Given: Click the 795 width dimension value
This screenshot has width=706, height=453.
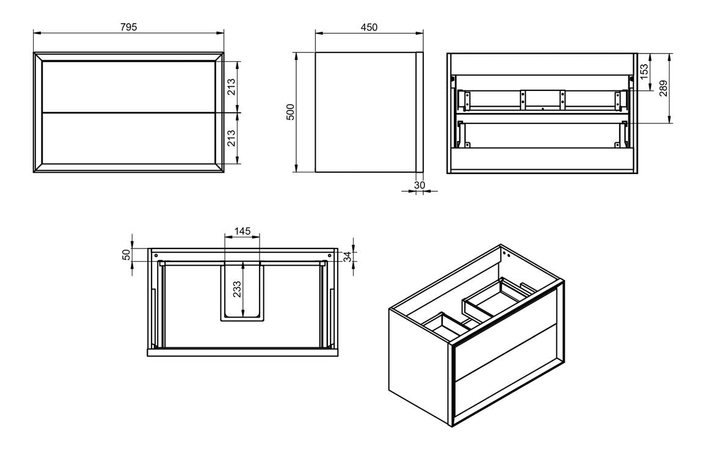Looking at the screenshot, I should click(x=128, y=27).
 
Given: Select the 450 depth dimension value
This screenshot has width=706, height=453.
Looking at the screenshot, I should click(x=369, y=27).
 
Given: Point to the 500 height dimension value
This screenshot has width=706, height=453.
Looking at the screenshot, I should click(x=291, y=112).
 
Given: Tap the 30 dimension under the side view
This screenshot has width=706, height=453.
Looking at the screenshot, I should click(x=420, y=185).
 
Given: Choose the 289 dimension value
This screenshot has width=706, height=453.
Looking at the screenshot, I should click(x=663, y=88).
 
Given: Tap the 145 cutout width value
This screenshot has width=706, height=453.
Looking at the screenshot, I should click(x=242, y=231).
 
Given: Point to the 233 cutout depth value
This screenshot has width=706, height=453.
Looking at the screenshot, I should click(x=237, y=289).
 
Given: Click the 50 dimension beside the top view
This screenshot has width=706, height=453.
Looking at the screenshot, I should click(x=126, y=255).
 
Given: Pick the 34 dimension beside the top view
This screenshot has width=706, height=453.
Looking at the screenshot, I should click(x=348, y=256).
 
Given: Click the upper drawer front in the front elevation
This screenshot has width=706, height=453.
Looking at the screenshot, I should click(x=128, y=87).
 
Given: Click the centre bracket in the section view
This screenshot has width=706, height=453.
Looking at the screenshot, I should click(x=542, y=100).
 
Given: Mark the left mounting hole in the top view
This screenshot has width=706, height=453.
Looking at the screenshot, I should click(x=156, y=255).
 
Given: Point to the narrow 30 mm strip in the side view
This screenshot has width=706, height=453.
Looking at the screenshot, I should click(x=420, y=112).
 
